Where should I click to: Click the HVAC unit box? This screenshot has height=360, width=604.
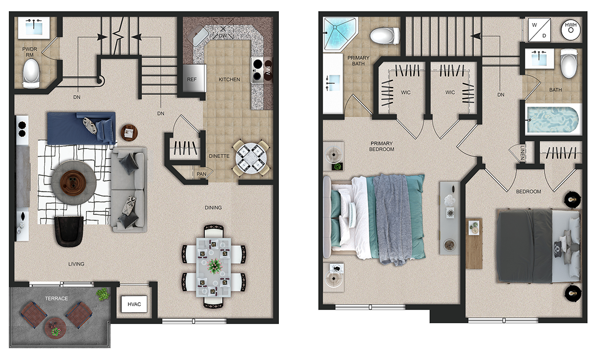click(x=134, y=304)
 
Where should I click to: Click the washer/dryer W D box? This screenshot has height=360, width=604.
click(x=539, y=30)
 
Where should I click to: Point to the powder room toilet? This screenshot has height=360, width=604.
click(x=31, y=74)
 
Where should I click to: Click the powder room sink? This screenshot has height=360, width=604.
click(x=34, y=28)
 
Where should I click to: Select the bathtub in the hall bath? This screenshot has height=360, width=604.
click(x=553, y=120)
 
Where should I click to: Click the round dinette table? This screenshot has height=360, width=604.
click(x=251, y=158)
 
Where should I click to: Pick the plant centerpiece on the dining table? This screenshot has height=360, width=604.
click(x=214, y=266)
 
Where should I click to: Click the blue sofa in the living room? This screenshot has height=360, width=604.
click(x=82, y=128)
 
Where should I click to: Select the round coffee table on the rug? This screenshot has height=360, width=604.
click(x=73, y=183)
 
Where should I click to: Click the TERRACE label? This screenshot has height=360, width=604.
click(x=56, y=298)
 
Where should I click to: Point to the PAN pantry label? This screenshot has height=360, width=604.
click(x=201, y=174)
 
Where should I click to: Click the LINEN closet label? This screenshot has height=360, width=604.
click(x=522, y=153)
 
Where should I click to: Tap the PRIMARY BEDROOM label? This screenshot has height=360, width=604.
click(x=382, y=146)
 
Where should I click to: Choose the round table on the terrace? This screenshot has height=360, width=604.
click(x=55, y=327)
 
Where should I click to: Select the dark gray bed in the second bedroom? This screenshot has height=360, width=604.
click(x=538, y=246)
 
